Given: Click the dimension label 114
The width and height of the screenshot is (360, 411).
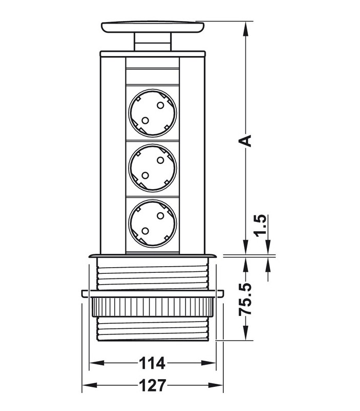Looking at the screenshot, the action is tap(152, 363).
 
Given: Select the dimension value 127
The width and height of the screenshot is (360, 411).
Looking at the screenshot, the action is tap(152, 385).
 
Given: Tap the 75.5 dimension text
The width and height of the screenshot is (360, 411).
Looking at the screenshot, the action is tap(245, 299).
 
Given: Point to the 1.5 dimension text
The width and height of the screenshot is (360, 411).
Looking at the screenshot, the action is tap(261, 226).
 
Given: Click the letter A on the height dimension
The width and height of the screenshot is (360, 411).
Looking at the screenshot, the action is tap(245, 140).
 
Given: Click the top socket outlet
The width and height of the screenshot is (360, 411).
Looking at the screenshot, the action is tap(152, 113).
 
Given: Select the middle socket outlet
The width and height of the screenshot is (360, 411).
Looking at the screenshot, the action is tap(152, 168).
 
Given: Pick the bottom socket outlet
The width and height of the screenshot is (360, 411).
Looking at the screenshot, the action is tap(152, 223).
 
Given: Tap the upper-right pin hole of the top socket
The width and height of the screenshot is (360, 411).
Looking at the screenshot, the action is tap(160, 105).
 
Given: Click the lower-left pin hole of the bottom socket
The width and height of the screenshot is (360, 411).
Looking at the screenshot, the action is tap(145, 231).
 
